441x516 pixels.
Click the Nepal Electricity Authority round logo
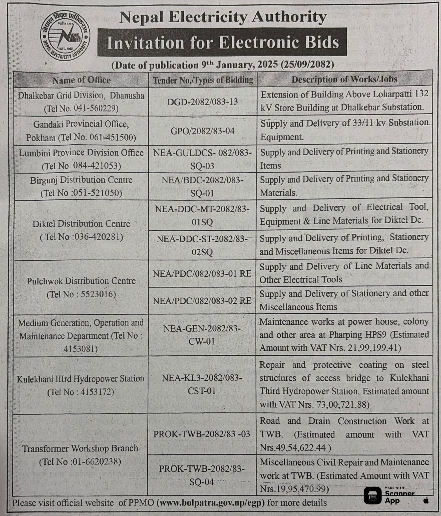coord(65,36)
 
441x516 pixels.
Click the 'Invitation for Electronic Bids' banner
coord(223,42)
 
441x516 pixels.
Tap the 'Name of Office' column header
coord(81,80)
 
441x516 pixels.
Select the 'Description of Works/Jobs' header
coord(344,79)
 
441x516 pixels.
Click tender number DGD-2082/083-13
coord(202,102)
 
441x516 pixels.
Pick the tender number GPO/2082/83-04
coord(202,131)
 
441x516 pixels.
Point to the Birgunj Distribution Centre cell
coord(81,186)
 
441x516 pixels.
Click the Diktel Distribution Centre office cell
coord(81,230)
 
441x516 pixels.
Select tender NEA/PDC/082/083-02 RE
coord(202,301)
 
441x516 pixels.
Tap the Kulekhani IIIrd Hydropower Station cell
coord(81,385)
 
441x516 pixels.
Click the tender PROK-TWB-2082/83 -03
coord(202,434)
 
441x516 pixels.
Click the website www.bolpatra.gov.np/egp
coord(211,503)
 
